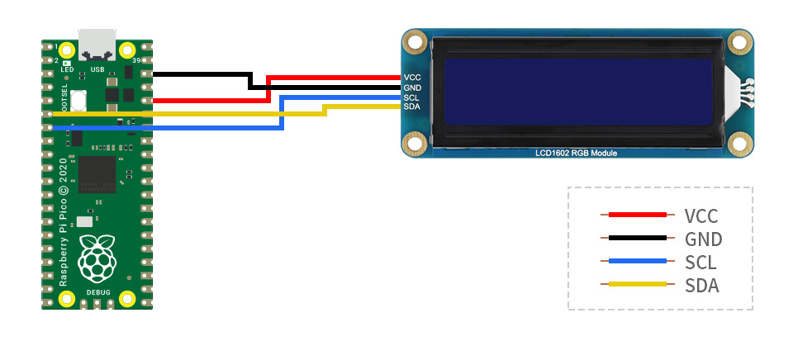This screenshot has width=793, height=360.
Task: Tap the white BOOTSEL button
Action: [x=79, y=101]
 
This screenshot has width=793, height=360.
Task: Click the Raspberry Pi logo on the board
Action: [x=97, y=257]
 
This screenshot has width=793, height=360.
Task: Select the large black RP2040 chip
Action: [x=97, y=173]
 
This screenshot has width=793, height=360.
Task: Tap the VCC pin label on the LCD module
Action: [x=413, y=78]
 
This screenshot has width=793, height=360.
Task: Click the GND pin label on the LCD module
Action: [x=413, y=88]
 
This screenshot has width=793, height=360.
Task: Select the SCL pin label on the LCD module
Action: [x=413, y=97]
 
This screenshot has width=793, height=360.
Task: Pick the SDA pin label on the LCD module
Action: [x=413, y=107]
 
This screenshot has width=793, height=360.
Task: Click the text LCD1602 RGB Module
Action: [x=576, y=154]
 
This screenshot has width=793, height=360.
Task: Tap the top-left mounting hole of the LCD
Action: [x=416, y=42]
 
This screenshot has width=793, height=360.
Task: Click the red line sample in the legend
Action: [x=637, y=215]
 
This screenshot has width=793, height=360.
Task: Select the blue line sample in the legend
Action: [x=637, y=262]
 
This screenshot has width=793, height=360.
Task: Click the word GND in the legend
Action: [x=703, y=239]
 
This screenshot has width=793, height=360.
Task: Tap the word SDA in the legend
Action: [x=701, y=286]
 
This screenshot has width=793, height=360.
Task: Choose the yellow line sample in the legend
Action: [x=637, y=285]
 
